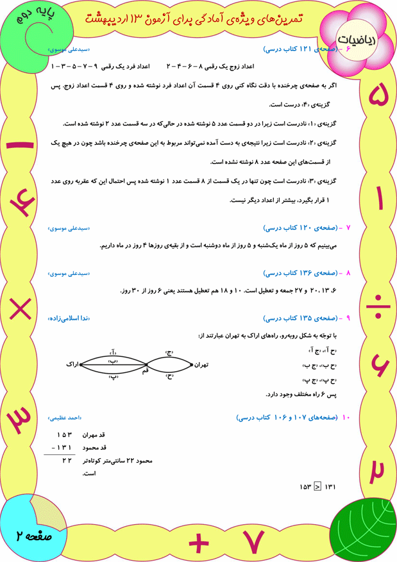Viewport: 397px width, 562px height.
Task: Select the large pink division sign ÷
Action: [378, 305]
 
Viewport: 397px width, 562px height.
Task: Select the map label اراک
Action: [72, 364]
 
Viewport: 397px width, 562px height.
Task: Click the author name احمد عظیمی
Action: [66, 418]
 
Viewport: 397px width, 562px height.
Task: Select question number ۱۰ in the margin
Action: [346, 418]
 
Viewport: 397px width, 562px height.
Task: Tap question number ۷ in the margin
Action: [348, 227]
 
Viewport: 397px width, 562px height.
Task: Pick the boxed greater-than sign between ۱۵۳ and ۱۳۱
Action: [317, 488]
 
